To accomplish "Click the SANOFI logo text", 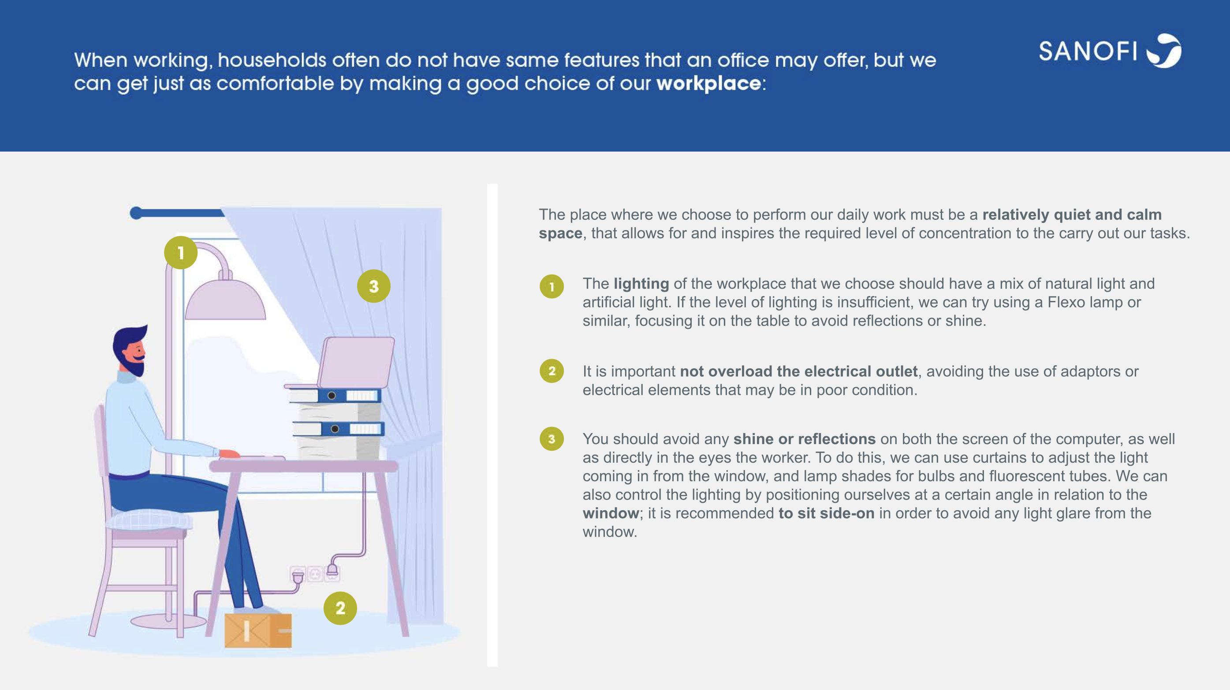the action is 1088,51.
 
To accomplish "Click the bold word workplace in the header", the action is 708,84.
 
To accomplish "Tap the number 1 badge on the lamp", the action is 180,252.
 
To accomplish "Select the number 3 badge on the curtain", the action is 374,286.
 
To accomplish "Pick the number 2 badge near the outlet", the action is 340,608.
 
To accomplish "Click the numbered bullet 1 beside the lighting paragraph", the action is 552,286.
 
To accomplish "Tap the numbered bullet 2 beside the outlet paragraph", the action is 552,371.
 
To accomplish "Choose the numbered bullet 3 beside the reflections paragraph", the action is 552,438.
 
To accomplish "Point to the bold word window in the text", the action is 611,513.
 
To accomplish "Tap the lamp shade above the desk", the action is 225,299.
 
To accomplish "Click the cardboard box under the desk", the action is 258,631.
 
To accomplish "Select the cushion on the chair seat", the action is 149,519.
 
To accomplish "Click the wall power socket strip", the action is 315,574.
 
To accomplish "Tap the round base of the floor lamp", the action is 168,621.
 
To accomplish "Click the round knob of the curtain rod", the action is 136,213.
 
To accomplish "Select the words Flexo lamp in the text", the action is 1081,302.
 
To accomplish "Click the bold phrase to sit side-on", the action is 827,513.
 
